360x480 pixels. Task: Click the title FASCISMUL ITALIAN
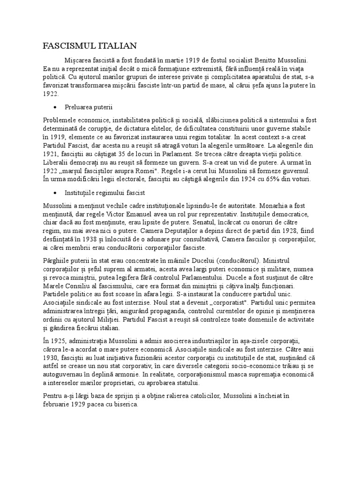coord(90,46)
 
